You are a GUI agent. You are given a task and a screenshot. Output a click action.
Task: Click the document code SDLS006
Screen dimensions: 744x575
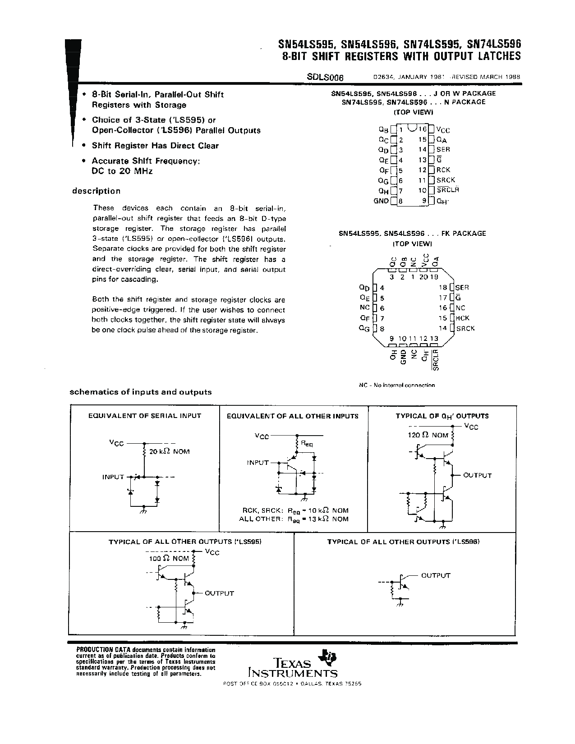(x=325, y=77)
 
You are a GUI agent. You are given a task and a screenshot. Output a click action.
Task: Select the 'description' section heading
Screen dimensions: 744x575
(x=97, y=191)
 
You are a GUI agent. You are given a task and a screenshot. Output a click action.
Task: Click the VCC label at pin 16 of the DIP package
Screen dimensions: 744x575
(x=443, y=130)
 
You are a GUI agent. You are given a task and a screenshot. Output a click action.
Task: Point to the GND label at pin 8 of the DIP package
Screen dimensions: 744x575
(x=381, y=201)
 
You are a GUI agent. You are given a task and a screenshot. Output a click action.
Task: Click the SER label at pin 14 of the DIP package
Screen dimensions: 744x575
(x=443, y=149)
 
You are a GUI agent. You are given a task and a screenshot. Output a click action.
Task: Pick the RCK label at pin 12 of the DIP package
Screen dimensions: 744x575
(x=443, y=170)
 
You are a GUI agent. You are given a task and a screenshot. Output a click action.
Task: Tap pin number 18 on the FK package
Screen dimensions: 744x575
(x=443, y=288)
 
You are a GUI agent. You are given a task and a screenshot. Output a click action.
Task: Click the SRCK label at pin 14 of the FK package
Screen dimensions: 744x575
(x=465, y=328)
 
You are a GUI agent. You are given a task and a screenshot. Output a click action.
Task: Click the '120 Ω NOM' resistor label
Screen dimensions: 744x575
(x=428, y=435)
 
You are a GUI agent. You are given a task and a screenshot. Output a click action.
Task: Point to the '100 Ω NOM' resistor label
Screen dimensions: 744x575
(x=169, y=558)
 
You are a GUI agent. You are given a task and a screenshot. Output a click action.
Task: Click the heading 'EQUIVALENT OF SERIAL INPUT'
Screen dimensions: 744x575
(x=145, y=416)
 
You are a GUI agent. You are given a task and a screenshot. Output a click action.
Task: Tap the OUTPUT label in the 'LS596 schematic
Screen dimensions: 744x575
(x=436, y=575)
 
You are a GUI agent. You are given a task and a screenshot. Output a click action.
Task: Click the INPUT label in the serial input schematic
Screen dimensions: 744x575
(x=113, y=477)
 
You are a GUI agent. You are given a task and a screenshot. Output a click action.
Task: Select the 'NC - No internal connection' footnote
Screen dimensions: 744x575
(x=397, y=385)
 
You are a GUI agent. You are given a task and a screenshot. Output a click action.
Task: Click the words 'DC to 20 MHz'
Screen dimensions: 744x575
(x=122, y=171)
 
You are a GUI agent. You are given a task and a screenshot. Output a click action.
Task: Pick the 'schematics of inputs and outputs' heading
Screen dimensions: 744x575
(x=140, y=392)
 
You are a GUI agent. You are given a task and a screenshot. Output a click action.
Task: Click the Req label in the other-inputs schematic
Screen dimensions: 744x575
(x=307, y=444)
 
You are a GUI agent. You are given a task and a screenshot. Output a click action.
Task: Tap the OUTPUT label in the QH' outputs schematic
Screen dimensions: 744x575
(x=477, y=475)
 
